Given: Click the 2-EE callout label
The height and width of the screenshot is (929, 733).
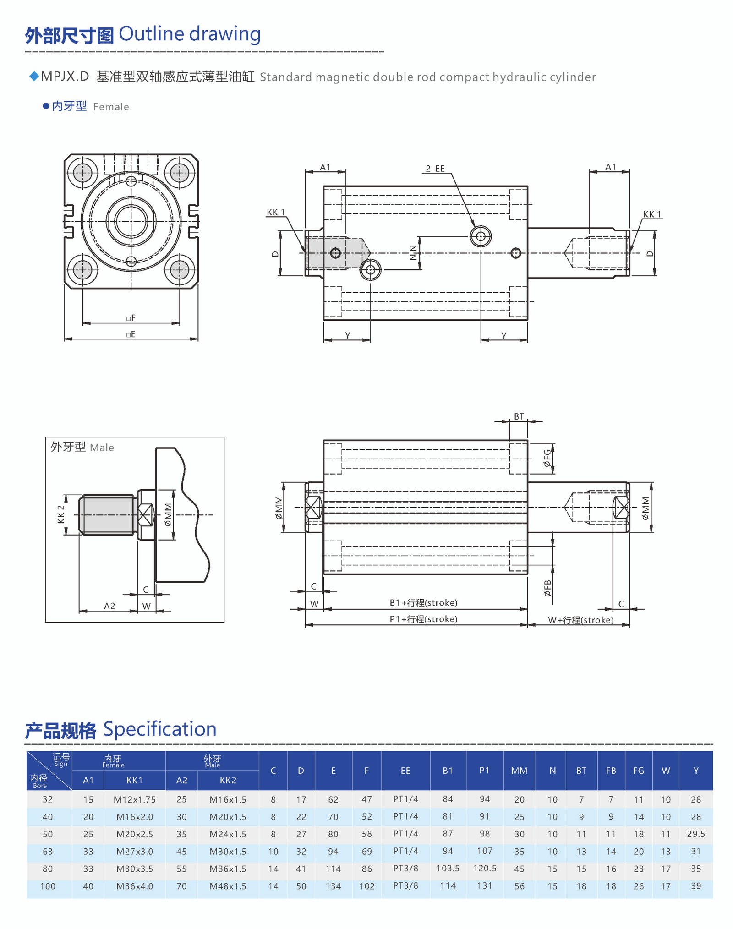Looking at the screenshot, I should click(435, 169).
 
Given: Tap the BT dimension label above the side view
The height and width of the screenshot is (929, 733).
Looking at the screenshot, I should click(519, 416).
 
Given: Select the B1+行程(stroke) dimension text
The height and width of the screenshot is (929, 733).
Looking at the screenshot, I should click(423, 603).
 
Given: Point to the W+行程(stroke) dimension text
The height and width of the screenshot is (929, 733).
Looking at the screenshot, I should click(580, 620).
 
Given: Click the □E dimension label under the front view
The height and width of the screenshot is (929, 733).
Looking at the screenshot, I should click(131, 334).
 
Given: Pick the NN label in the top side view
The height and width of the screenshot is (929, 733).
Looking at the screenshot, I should click(414, 253).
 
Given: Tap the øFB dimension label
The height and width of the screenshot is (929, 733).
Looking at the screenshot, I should click(547, 588).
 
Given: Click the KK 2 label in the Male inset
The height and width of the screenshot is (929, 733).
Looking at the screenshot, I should click(61, 514).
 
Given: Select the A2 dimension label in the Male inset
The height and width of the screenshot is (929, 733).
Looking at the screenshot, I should click(109, 606).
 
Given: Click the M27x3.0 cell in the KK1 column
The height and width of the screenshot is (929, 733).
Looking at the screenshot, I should click(134, 852).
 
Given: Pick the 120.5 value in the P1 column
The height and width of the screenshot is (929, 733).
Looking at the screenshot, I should click(484, 869).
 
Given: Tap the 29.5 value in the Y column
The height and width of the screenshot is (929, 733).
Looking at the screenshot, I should click(695, 834).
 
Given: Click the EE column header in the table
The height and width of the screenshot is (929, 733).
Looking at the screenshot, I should click(405, 771).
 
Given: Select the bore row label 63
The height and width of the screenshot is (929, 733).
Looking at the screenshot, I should click(48, 852).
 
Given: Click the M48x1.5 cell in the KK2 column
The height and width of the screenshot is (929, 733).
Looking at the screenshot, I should click(228, 886).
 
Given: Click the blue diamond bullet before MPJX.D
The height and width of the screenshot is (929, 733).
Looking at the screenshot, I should click(34, 76).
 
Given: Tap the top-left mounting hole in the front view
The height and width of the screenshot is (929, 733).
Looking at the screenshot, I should click(82, 173).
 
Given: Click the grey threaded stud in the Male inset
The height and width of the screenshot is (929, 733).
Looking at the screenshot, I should click(107, 514).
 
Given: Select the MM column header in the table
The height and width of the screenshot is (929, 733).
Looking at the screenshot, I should click(519, 771).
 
